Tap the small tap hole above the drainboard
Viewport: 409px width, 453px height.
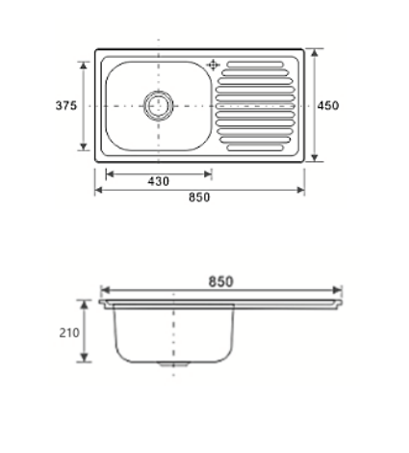point(213,66)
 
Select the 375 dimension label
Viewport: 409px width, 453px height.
point(65,106)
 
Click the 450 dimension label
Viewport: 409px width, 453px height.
point(327,106)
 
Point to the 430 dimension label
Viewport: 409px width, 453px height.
point(159,181)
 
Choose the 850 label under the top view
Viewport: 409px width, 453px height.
point(199,198)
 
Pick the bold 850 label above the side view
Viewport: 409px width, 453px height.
point(220,280)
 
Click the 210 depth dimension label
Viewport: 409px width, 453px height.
point(67,333)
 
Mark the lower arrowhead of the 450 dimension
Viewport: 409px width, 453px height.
point(312,160)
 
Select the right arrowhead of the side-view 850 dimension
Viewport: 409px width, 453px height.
point(338,289)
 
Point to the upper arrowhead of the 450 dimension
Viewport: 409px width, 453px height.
point(312,50)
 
